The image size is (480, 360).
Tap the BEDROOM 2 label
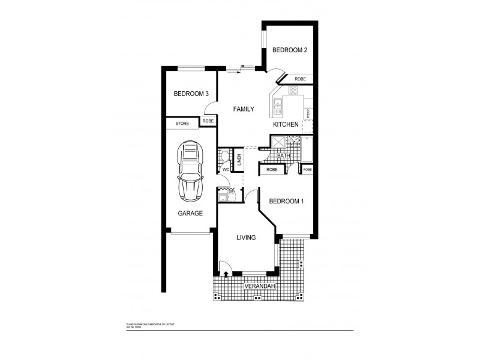(x=290, y=50)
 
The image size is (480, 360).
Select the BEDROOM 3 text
(x=191, y=94)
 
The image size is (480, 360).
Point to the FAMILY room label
(x=244, y=109)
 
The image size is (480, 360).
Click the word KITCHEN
(x=286, y=124)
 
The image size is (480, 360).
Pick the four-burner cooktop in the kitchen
(x=293, y=91)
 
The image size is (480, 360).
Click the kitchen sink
(x=278, y=108)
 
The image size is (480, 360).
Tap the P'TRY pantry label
(x=308, y=113)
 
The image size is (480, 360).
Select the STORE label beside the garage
(x=182, y=124)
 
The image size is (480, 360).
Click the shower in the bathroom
(x=278, y=142)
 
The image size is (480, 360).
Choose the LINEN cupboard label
(x=238, y=160)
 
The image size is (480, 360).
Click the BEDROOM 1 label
(x=286, y=202)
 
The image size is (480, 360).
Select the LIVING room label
(x=246, y=238)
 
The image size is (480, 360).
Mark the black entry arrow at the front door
(x=226, y=274)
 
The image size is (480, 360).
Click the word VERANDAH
(x=259, y=287)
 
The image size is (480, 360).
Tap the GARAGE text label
(x=190, y=213)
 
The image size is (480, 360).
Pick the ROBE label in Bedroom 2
(x=300, y=79)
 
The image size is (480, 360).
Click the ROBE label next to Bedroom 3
(x=208, y=121)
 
